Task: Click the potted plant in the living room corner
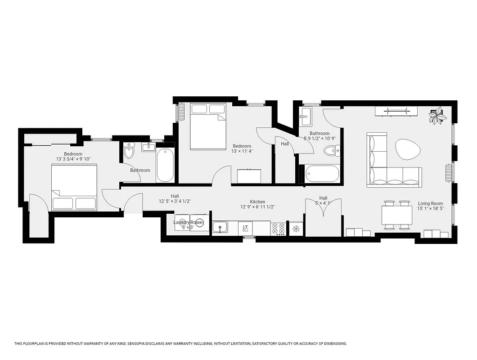437,116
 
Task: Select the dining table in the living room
396,215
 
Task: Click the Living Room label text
430,203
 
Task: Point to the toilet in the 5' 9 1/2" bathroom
332,151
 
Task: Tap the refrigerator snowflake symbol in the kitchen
296,229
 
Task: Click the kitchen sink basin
220,228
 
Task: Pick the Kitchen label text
257,202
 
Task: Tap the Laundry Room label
188,222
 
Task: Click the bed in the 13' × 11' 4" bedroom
208,126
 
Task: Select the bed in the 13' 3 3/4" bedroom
74,188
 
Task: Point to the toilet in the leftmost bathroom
129,153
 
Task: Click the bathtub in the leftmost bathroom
165,165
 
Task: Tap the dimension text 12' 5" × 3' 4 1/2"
175,202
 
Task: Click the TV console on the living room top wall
396,111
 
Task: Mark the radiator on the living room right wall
448,172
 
